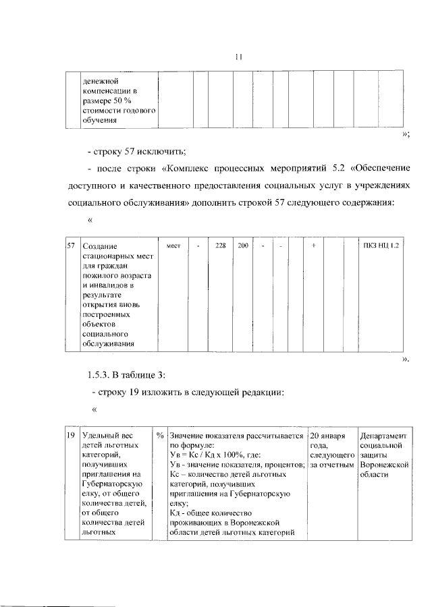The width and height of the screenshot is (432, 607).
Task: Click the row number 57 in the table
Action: (x=70, y=248)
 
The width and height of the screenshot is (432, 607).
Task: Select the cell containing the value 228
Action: (x=221, y=248)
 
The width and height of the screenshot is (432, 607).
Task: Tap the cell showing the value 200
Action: (x=242, y=248)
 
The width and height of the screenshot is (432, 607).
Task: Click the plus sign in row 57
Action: (x=314, y=248)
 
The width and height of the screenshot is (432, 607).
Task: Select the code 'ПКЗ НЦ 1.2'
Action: (x=382, y=248)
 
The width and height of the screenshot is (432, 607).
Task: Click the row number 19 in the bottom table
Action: (x=70, y=436)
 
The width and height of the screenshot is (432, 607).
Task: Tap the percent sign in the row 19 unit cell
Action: (x=160, y=436)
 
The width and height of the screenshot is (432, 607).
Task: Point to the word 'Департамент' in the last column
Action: (x=383, y=436)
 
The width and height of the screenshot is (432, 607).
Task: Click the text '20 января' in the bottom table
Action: (x=327, y=436)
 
